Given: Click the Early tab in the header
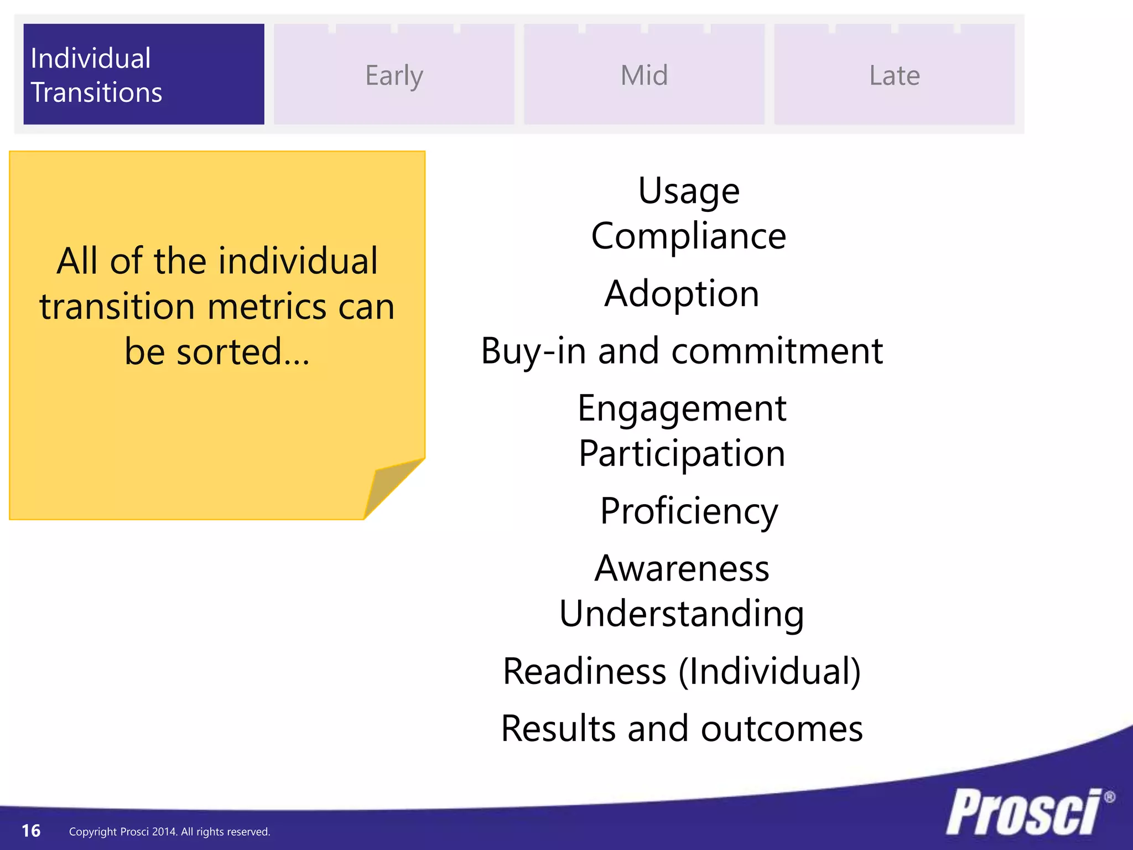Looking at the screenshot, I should [x=394, y=75].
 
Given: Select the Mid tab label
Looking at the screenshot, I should [x=644, y=75].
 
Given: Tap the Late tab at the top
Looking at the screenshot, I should [x=894, y=75].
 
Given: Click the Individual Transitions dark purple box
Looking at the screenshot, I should [x=143, y=74].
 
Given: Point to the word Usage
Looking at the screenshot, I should [x=689, y=191].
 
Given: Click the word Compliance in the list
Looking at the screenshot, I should [x=689, y=236].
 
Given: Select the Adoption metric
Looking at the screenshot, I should [x=682, y=293].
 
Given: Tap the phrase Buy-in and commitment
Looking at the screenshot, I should [x=682, y=351].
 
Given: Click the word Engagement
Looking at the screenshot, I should [x=682, y=408].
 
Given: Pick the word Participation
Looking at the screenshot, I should [x=682, y=454].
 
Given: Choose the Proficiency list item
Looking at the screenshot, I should [x=689, y=511].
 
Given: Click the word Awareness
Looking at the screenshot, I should [x=682, y=568].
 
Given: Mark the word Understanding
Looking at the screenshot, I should [x=682, y=614].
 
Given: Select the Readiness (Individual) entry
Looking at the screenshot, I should [x=682, y=671].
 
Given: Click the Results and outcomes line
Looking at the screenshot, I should [x=682, y=728].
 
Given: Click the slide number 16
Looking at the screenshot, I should [x=31, y=831].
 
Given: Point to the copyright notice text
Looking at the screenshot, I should [x=169, y=832].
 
